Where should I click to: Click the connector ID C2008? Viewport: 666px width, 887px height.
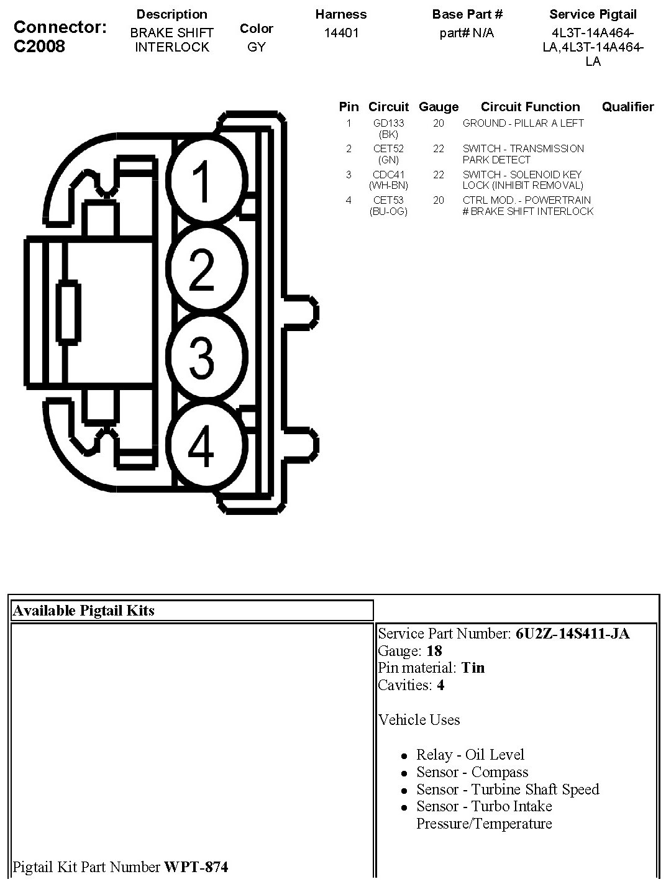39,47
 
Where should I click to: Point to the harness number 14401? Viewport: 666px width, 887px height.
341,33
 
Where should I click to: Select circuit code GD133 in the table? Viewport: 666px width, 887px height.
388,124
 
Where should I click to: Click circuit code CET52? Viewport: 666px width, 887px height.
388,149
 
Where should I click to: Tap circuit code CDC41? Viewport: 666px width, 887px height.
388,175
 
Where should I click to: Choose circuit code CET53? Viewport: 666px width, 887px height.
388,200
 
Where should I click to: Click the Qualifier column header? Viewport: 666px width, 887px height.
627,107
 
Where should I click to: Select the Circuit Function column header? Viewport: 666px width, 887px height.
530,107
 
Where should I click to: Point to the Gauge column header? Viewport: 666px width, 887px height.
439,107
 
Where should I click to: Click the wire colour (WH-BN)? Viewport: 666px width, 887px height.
388,185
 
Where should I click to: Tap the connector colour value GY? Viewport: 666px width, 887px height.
256,47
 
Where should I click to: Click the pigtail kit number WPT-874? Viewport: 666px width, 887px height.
196,867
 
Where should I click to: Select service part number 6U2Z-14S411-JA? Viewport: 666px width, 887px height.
572,634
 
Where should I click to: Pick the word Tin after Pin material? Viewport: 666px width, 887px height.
473,668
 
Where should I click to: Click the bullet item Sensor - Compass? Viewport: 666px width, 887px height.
472,772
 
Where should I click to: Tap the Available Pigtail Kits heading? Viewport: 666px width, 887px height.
83,611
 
